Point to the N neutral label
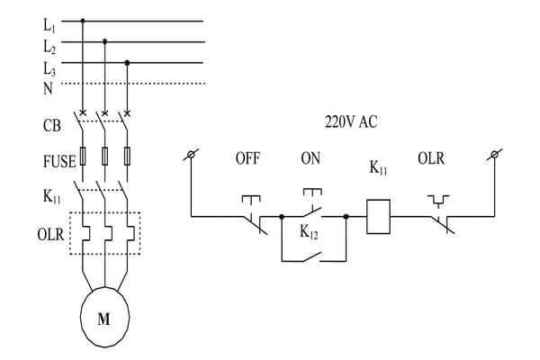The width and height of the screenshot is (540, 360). pos(47,86)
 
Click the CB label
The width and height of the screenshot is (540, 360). pos(51,125)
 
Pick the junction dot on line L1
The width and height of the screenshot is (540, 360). pos(84,19)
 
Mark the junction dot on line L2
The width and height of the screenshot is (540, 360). pos(105,40)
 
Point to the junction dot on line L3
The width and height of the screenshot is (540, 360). pos(127,62)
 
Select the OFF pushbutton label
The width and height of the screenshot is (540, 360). pos(248,159)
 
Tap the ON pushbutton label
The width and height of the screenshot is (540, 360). pos(310,159)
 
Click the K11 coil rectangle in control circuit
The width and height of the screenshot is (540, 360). pos(377,217)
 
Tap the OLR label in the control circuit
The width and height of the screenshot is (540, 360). pos(431,159)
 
